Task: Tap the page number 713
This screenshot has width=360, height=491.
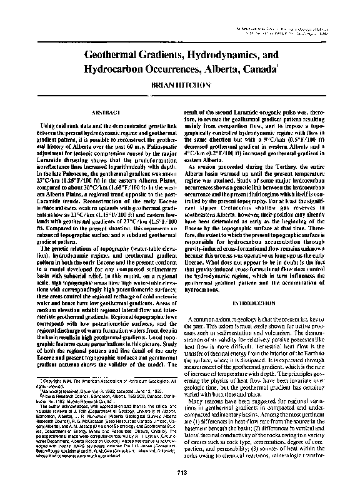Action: coord(180,471)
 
